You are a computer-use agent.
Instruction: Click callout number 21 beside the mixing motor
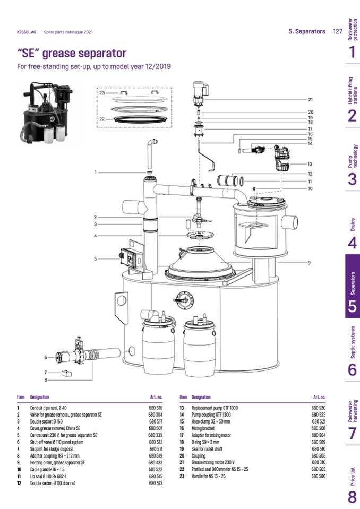[310, 99]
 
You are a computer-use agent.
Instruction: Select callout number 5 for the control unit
[95, 259]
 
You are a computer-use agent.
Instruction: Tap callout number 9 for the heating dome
[308, 263]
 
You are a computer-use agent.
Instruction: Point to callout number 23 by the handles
[102, 92]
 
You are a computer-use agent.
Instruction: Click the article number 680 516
[155, 407]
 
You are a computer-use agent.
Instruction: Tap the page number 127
[337, 31]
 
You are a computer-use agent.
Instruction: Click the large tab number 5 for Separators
[352, 306]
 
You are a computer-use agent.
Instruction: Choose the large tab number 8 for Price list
[352, 497]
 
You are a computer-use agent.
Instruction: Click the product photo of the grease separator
[45, 113]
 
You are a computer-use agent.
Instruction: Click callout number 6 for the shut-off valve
[46, 357]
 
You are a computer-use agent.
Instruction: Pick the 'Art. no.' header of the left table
[156, 396]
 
